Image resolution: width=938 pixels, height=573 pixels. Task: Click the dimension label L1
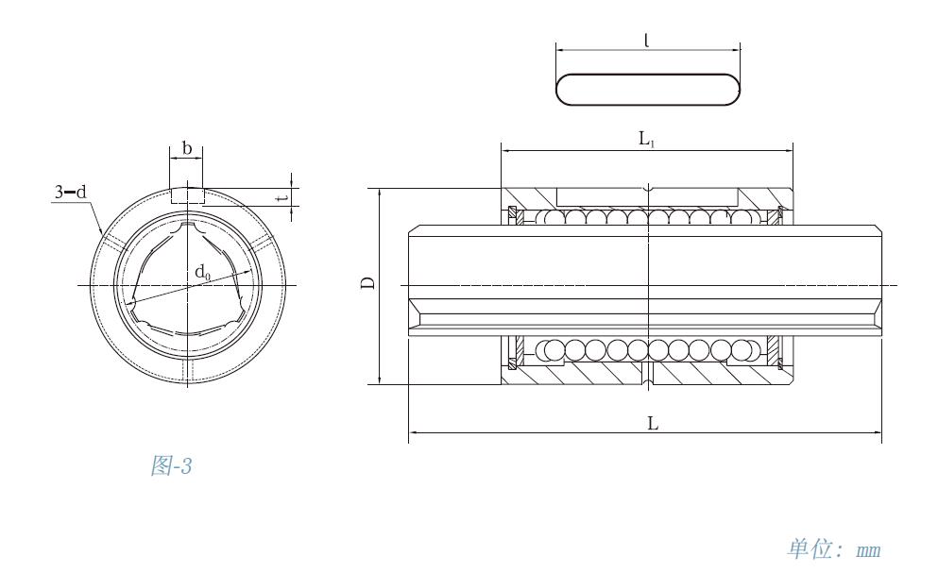[647, 140]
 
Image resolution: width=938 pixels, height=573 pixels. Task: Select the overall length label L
[653, 424]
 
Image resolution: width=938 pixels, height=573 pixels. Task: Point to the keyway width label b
[187, 148]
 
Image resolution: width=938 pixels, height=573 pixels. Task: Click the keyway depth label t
[284, 196]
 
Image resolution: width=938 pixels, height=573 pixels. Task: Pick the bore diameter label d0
[203, 273]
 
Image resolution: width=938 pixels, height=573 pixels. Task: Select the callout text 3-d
[71, 192]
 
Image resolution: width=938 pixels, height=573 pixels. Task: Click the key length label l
[647, 40]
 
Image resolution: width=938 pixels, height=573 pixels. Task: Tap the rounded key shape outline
[648, 90]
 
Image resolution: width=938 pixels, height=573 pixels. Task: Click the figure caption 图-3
[171, 465]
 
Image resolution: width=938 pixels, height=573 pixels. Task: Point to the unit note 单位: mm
[834, 548]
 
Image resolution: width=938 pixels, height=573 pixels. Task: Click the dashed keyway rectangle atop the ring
[187, 195]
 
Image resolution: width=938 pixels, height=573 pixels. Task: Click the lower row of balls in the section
[646, 350]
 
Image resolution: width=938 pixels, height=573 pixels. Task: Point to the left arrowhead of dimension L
[413, 431]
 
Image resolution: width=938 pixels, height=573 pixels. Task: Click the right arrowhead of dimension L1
[789, 151]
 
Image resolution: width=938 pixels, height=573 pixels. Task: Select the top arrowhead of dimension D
[380, 193]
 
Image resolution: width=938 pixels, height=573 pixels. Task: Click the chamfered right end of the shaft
[879, 280]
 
